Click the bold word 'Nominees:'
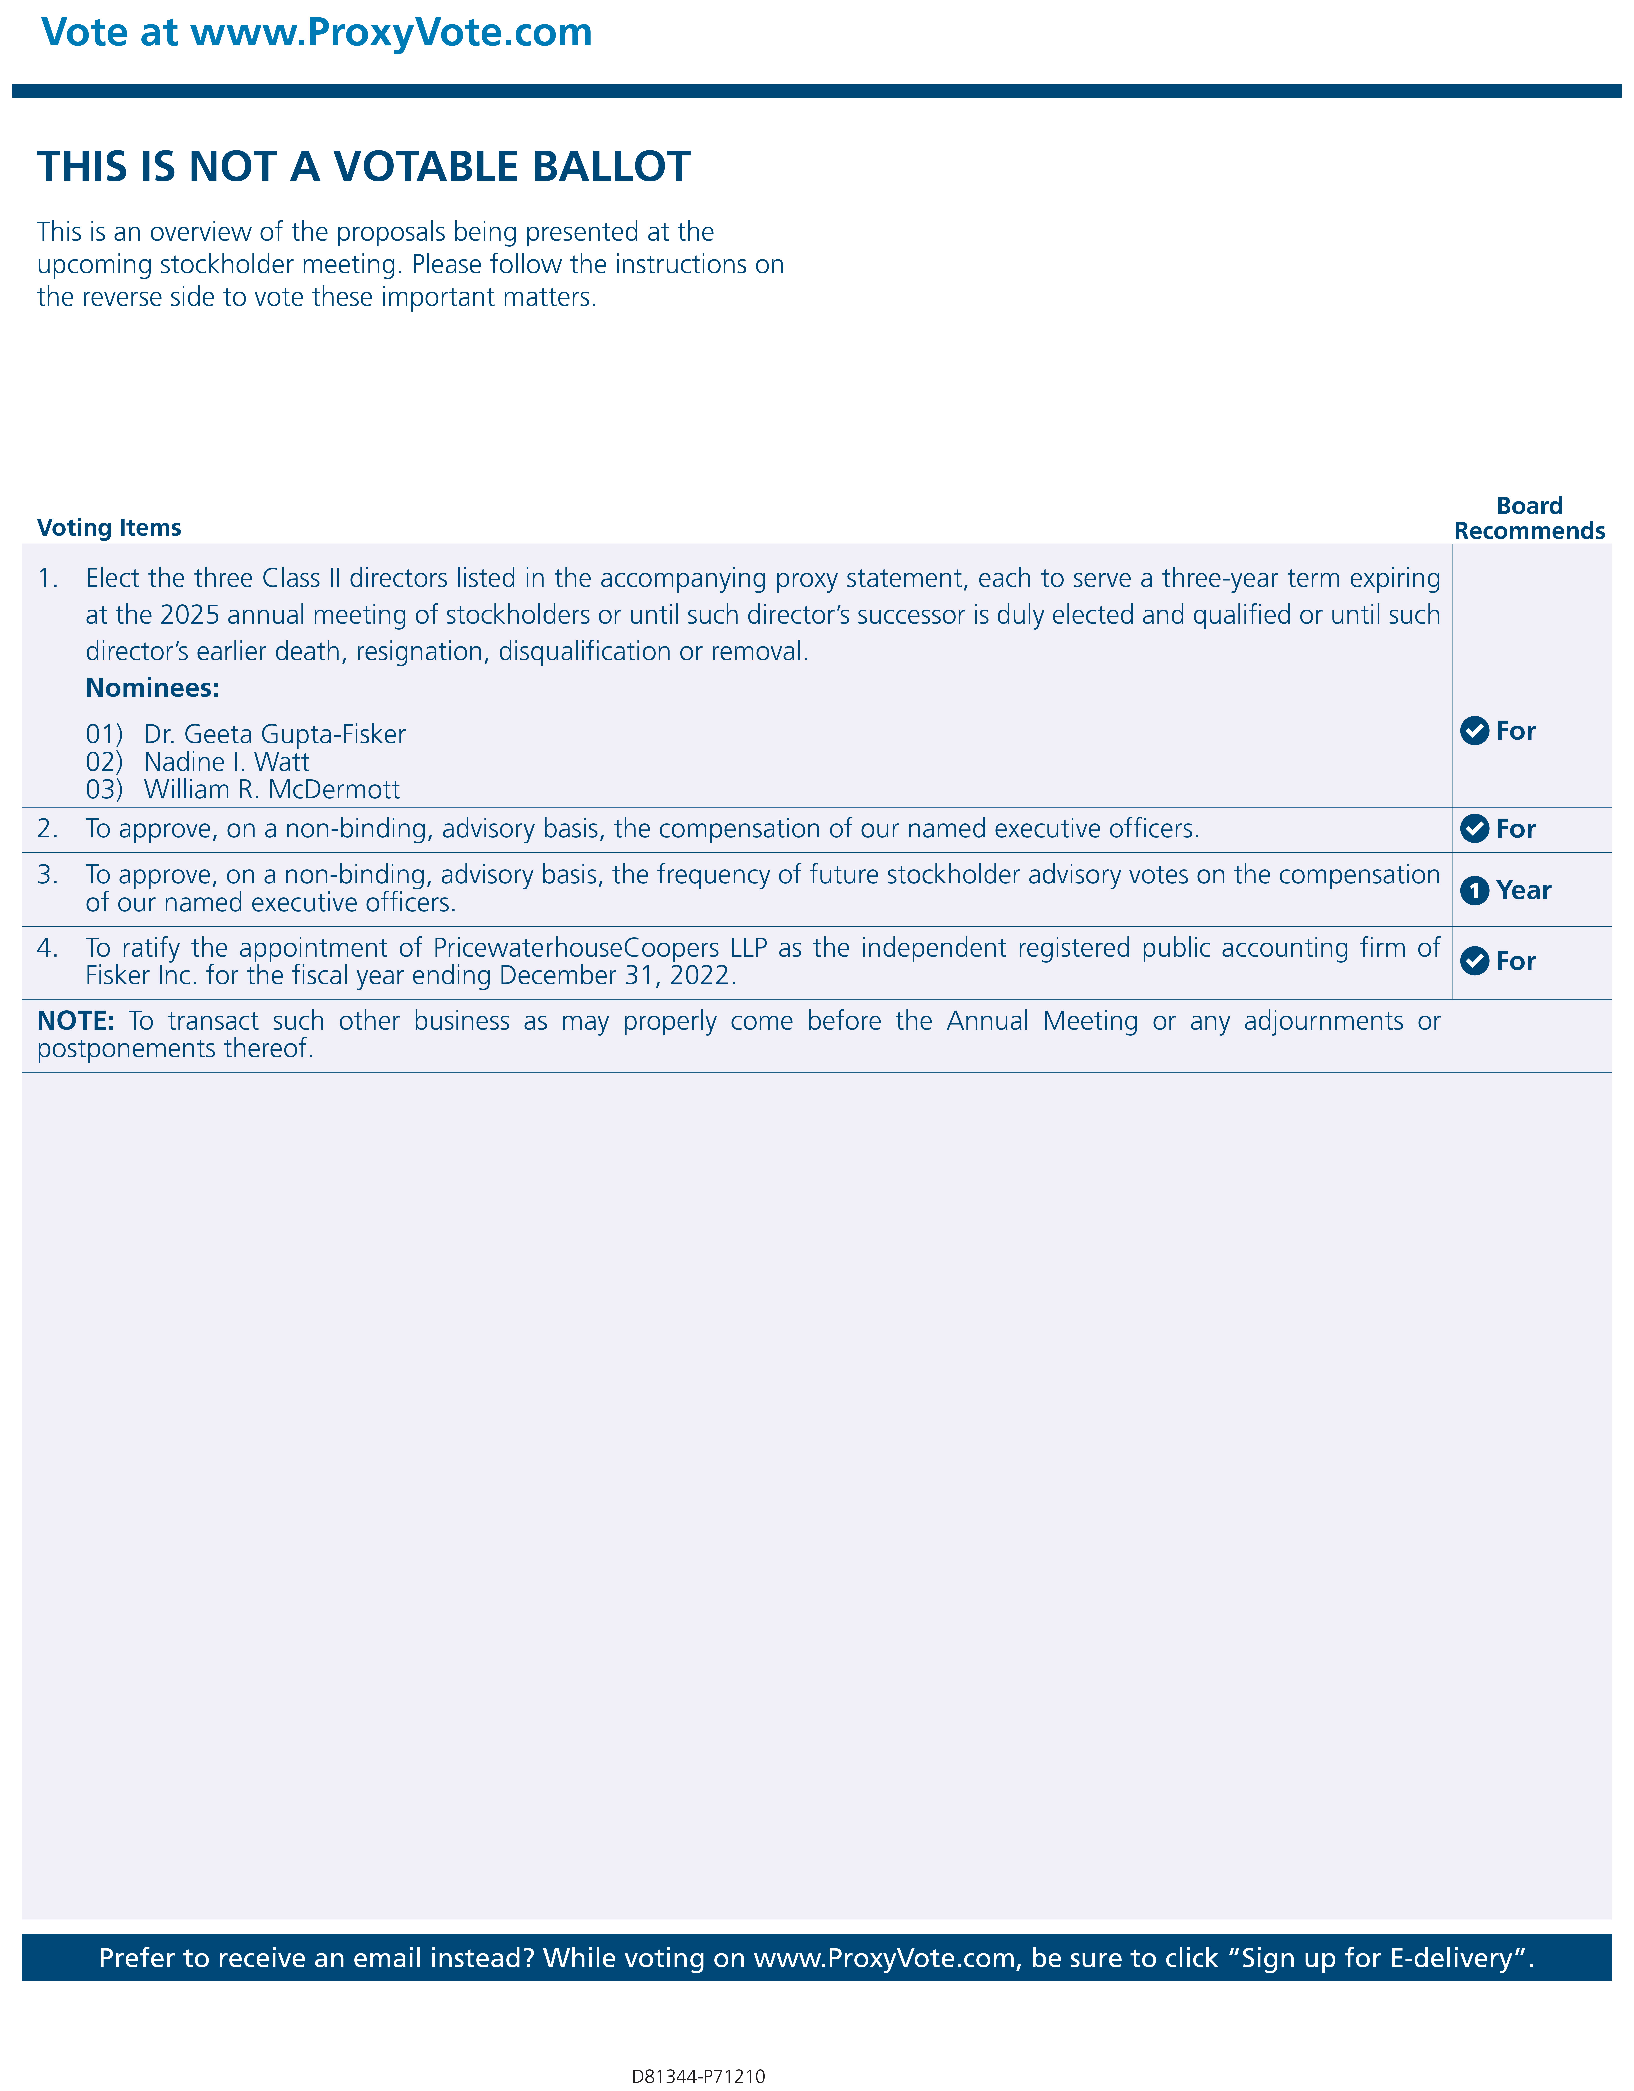152,687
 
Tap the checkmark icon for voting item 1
1474,731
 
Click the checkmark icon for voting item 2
1474,828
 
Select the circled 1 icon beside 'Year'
1474,890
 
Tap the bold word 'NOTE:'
76,1021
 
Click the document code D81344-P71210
698,2076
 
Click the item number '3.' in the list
47,875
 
